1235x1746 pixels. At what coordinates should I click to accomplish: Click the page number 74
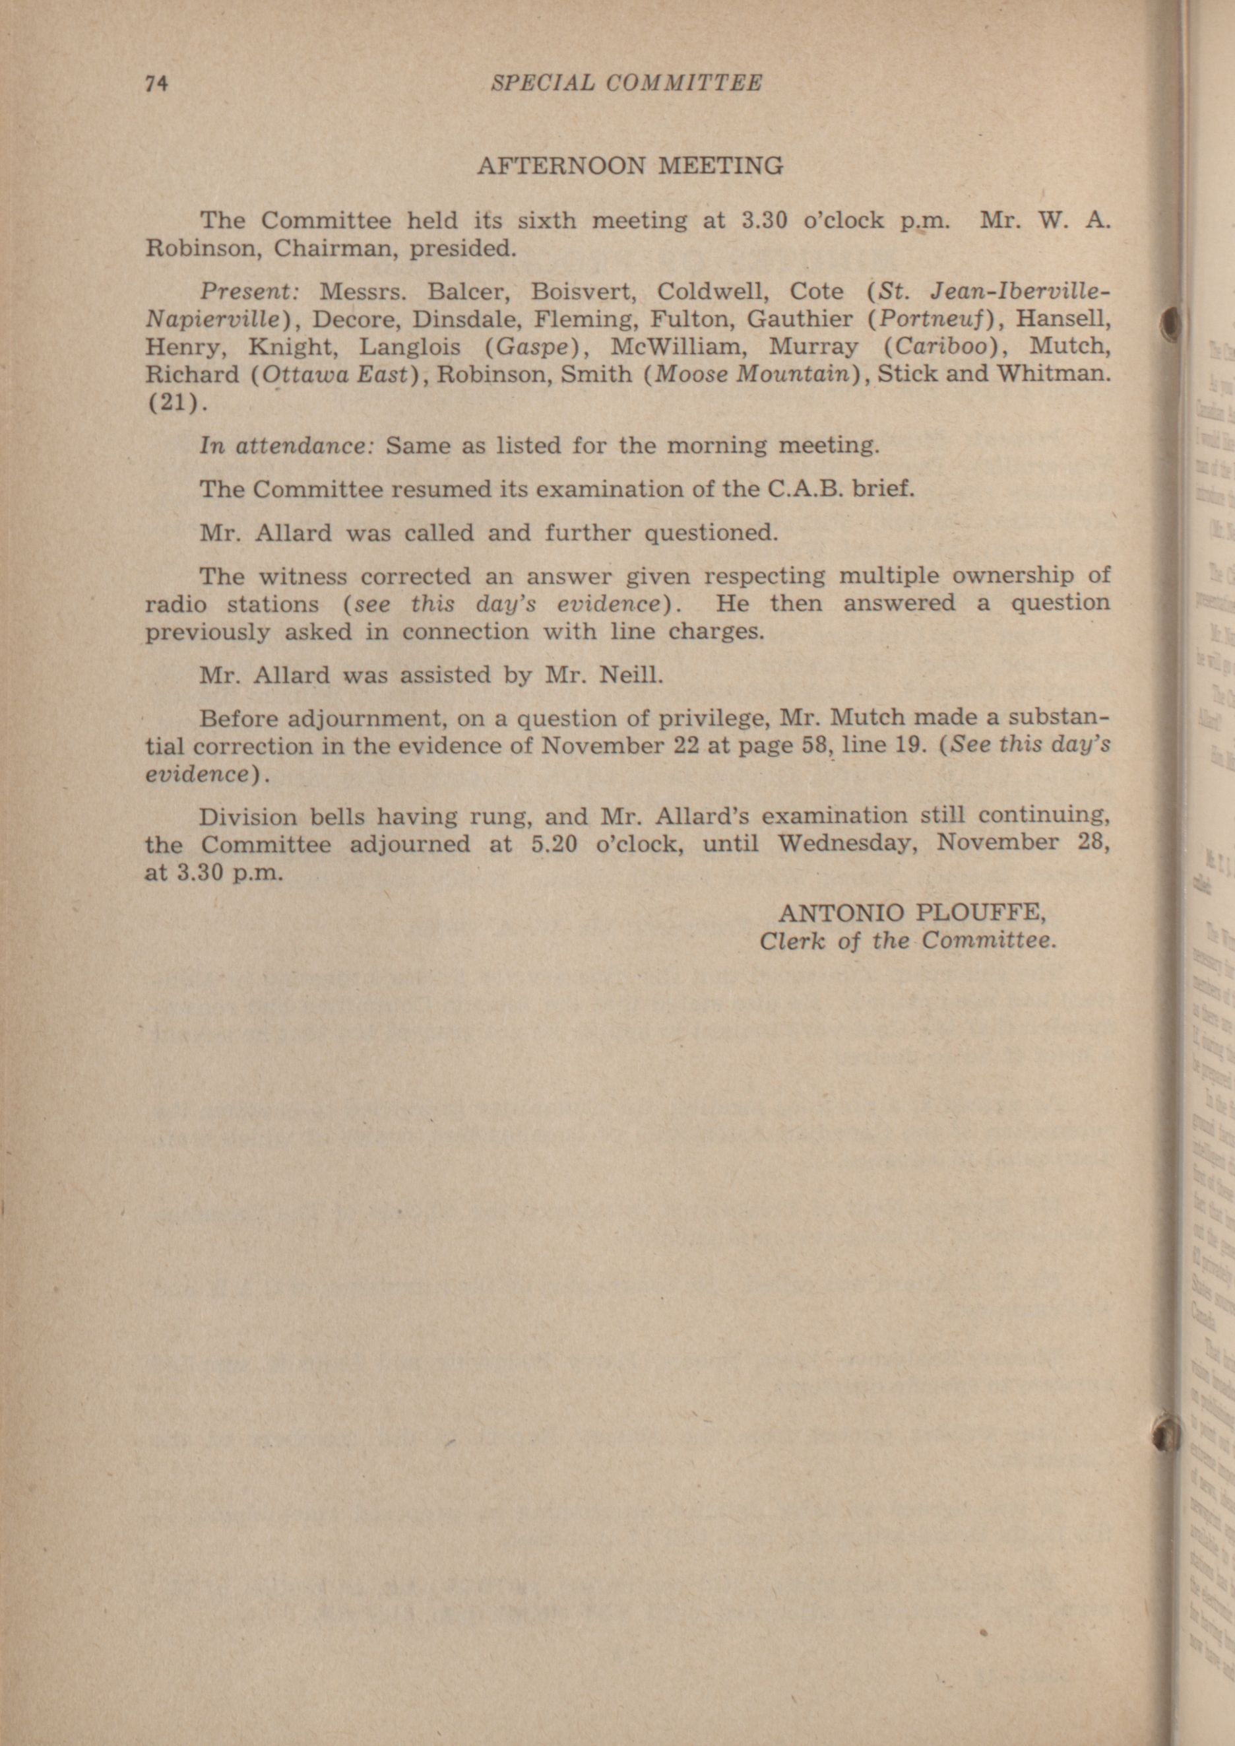[x=156, y=84]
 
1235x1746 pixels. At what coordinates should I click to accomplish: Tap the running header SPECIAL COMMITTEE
[x=626, y=83]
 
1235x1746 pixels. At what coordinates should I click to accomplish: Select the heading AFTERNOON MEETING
[x=629, y=166]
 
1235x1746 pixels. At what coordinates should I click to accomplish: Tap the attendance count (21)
[x=174, y=403]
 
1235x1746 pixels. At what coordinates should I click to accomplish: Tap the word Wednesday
[x=843, y=844]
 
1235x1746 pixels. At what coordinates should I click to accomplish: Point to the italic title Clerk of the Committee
[x=907, y=941]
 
